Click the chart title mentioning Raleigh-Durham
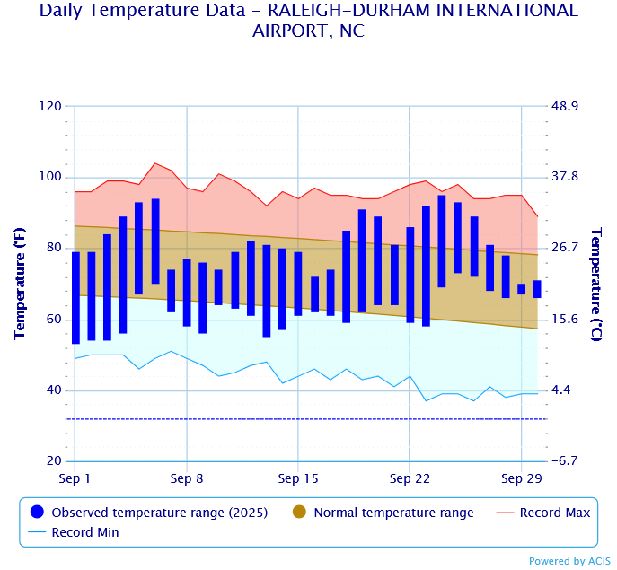308,20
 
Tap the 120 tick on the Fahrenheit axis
50,106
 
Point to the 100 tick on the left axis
50,177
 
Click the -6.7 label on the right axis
566,461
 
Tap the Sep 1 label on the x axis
75,478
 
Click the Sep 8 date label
187,478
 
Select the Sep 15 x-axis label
298,478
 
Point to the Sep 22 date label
410,478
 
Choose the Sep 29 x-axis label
522,478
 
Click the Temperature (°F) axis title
20,284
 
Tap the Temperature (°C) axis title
595,284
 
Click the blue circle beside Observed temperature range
37,513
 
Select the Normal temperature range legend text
393,513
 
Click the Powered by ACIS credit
569,561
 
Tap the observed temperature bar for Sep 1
75,298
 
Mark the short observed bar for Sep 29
522,289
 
